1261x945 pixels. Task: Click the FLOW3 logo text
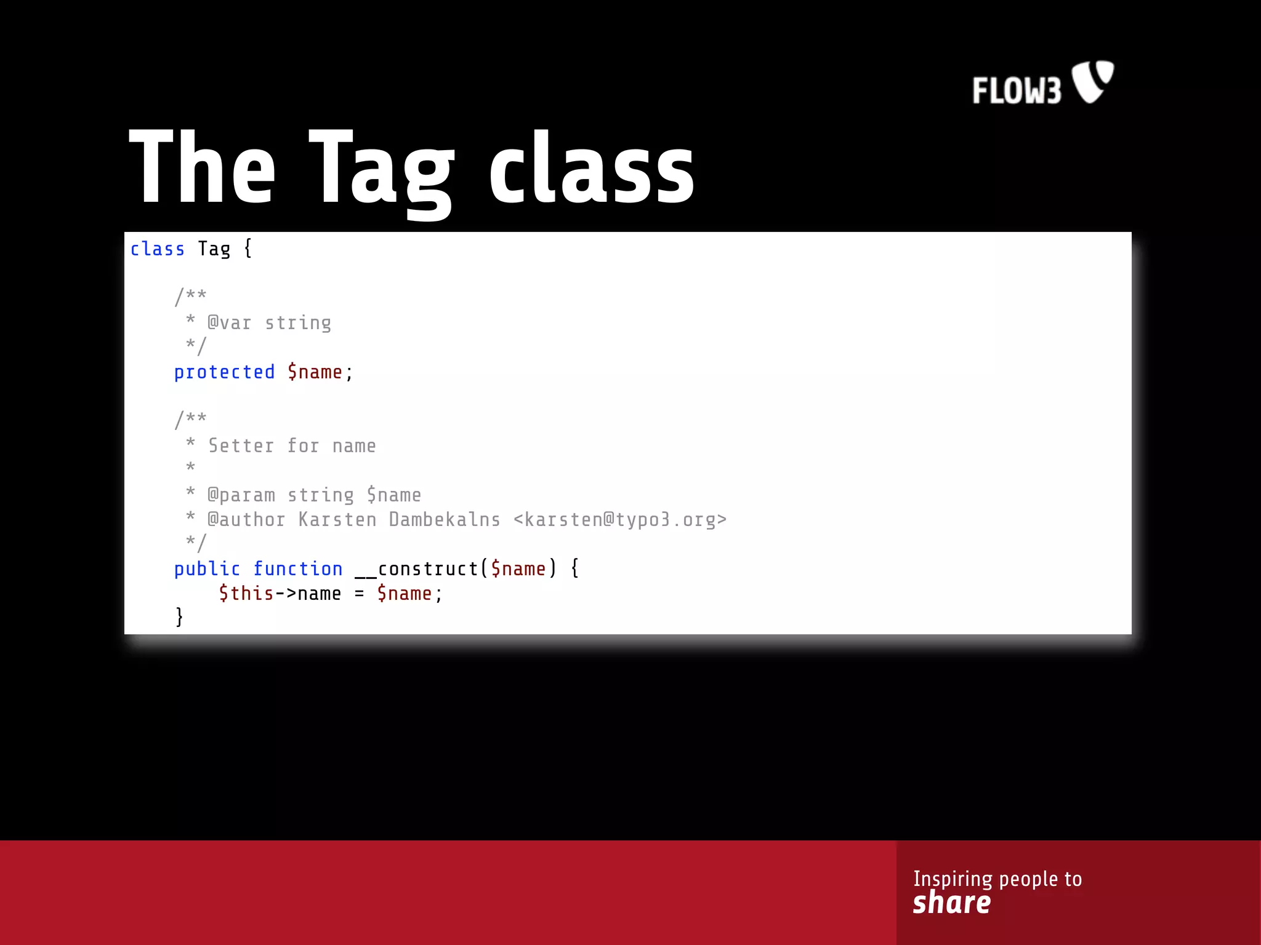pos(1017,91)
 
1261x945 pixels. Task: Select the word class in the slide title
pos(591,169)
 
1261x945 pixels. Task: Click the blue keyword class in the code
pos(158,249)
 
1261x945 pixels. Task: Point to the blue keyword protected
pos(224,372)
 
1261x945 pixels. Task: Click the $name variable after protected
pos(315,372)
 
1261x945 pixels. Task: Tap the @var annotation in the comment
pos(229,323)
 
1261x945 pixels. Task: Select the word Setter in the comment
pos(241,446)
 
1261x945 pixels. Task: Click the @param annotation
pos(241,495)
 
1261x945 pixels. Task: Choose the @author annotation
pos(246,520)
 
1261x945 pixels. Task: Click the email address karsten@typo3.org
pos(620,520)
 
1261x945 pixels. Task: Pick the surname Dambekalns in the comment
pos(445,520)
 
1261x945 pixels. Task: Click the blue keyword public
pos(207,569)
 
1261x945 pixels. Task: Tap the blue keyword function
pos(298,569)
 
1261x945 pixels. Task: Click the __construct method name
pos(416,569)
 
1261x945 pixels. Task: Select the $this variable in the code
pos(246,594)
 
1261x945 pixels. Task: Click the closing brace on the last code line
pos(179,616)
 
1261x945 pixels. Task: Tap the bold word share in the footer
pos(951,903)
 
